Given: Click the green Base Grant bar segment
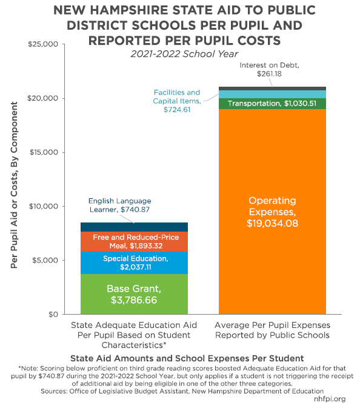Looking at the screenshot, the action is (134, 294).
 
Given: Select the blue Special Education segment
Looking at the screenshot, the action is (134, 263).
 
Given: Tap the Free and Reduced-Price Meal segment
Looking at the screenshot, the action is (134, 241).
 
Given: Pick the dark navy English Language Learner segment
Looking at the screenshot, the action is (134, 227).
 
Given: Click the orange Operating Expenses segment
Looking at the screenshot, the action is (272, 212).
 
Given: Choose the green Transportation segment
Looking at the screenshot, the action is (272, 104).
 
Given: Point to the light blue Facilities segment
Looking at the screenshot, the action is (272, 94).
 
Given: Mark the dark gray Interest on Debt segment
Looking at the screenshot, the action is (272, 89).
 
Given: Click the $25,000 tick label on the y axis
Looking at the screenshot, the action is (43, 44).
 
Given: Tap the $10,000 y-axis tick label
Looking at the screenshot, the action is (44, 206).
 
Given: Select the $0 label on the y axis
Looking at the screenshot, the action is (53, 314).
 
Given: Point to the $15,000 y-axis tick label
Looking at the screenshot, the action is (44, 152).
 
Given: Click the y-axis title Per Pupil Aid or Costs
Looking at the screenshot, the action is (14, 185).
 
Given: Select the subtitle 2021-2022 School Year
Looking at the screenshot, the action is (184, 54).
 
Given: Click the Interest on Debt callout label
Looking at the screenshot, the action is (269, 70).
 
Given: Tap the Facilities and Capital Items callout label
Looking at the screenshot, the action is (177, 101).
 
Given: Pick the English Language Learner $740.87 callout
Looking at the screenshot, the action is (119, 205).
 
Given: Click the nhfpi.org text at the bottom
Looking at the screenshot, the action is (330, 399).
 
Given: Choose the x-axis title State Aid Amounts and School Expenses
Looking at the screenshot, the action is (187, 358).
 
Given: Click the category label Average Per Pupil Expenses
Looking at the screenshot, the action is (272, 330).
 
